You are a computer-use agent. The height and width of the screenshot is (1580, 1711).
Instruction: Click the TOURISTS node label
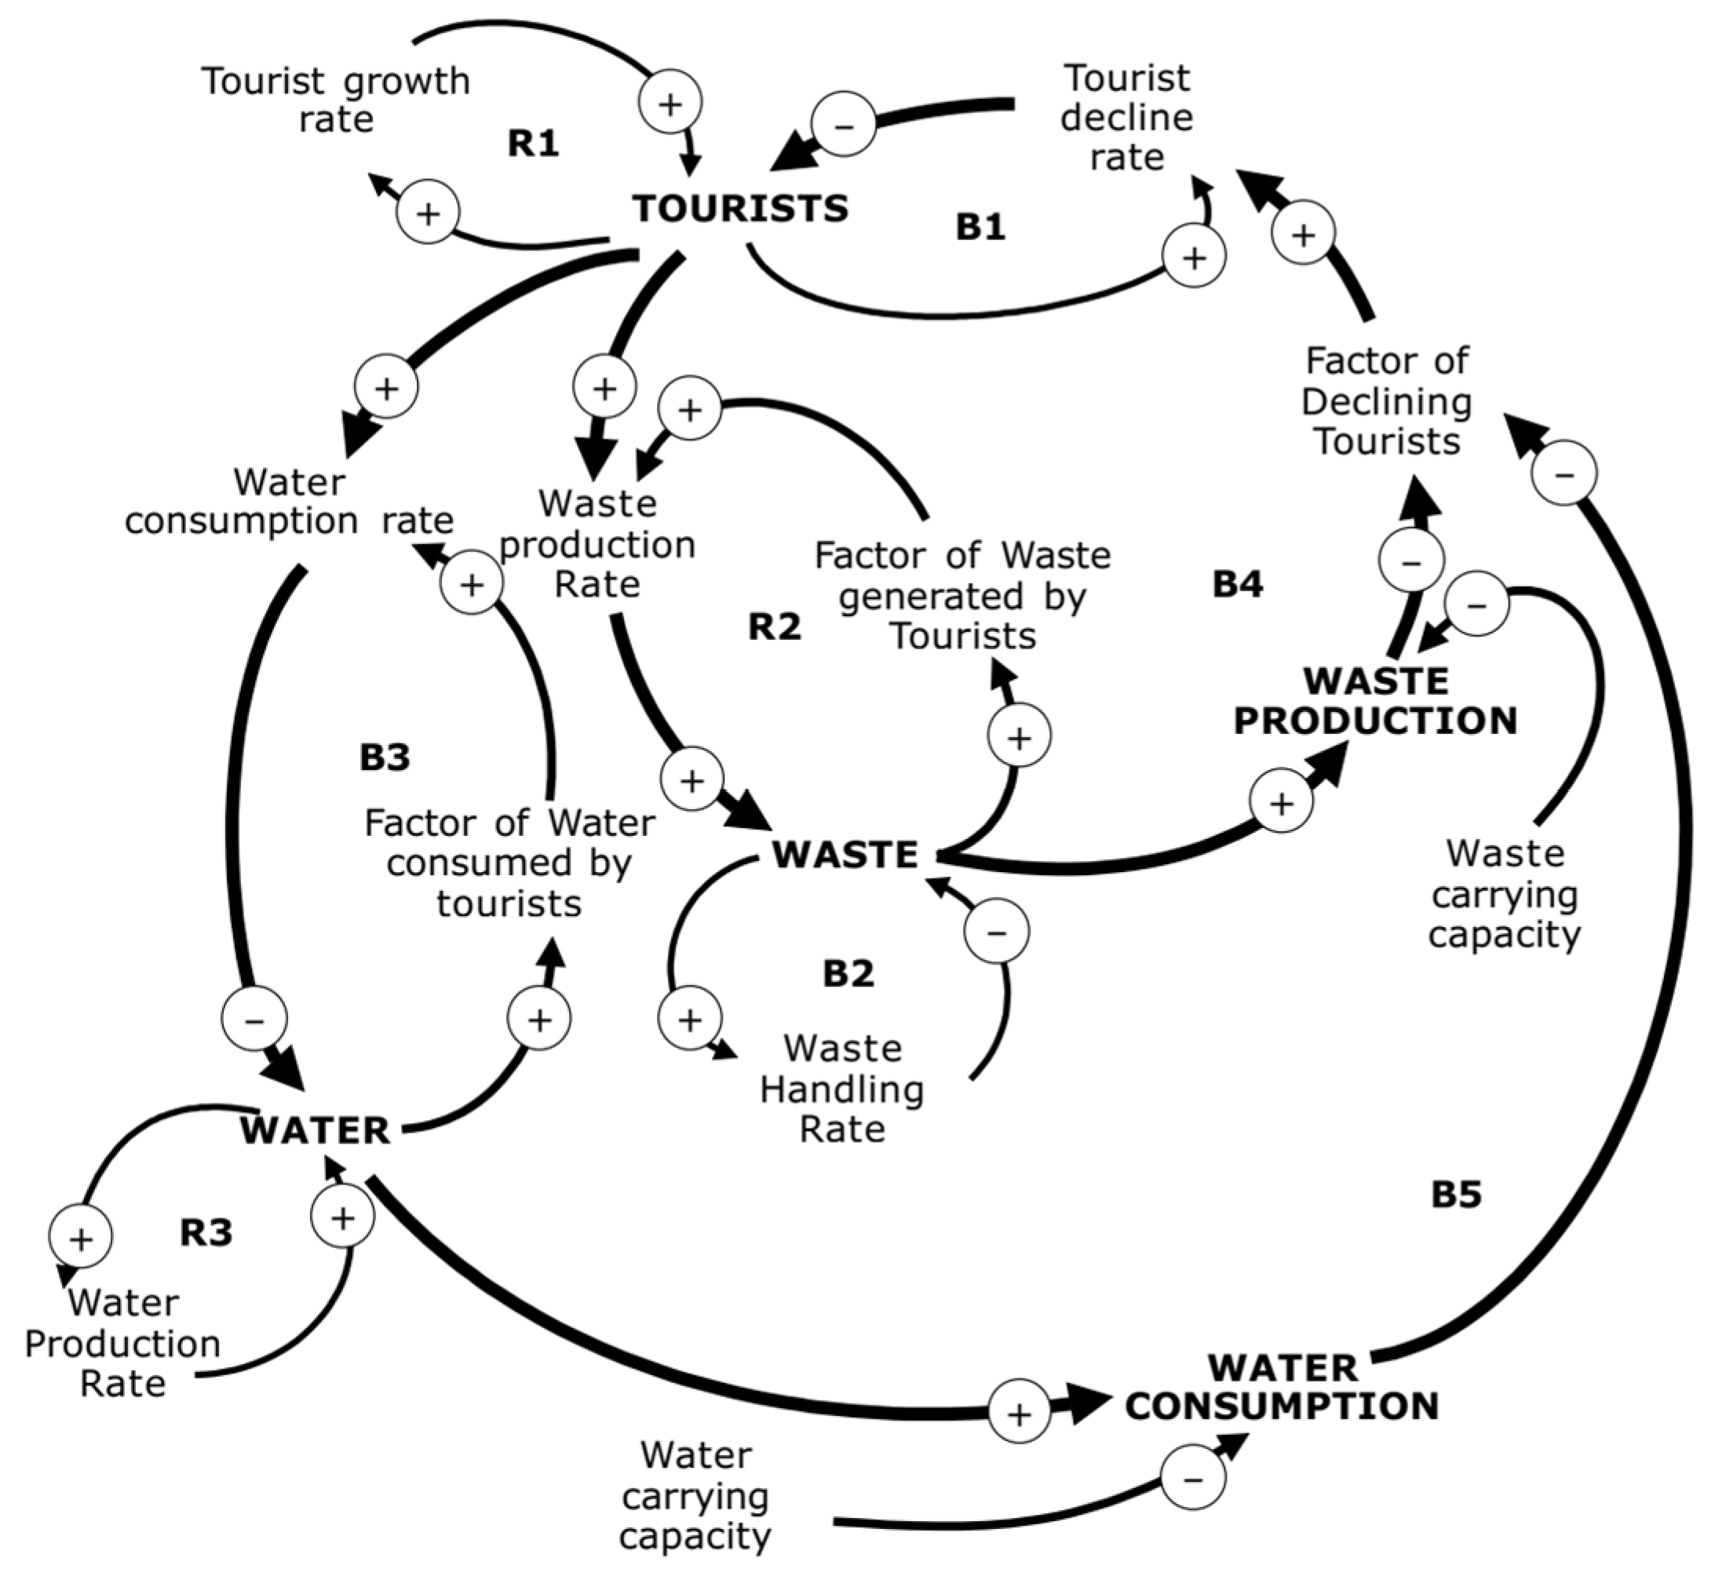click(x=740, y=209)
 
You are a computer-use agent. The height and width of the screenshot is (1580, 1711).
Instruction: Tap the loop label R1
click(x=534, y=143)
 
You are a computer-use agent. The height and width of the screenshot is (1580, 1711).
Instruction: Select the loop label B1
click(x=980, y=227)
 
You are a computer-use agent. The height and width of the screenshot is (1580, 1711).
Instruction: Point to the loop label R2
click(x=775, y=626)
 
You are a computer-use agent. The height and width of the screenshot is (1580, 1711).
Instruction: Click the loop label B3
click(x=385, y=757)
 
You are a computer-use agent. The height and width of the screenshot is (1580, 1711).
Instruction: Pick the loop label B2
click(x=848, y=973)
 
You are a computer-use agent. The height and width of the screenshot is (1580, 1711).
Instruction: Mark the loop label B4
click(x=1237, y=584)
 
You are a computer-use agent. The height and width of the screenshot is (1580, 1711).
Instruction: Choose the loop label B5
click(x=1456, y=1195)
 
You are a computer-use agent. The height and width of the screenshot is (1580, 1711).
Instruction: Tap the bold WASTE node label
click(x=845, y=855)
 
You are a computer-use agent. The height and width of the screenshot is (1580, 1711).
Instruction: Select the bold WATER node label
click(x=316, y=1130)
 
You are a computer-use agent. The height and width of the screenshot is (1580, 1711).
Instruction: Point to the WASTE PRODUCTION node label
click(x=1375, y=701)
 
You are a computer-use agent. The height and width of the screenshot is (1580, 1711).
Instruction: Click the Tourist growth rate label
click(x=336, y=100)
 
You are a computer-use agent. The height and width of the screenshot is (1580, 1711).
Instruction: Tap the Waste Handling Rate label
click(x=842, y=1089)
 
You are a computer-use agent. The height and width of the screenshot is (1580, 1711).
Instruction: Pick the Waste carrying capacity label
click(x=1505, y=893)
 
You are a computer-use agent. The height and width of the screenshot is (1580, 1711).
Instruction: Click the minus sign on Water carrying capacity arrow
click(x=1193, y=1476)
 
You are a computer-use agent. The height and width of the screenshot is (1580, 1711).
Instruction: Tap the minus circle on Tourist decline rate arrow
click(x=843, y=125)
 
